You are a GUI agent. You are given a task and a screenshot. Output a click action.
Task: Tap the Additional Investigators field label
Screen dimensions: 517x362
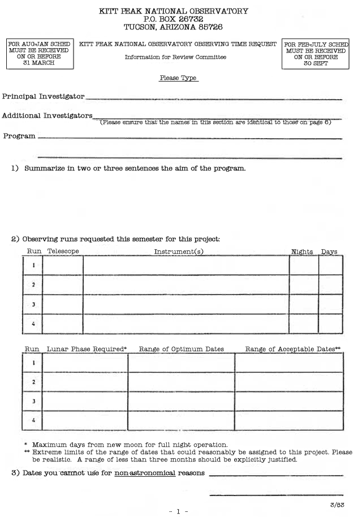(x=47, y=116)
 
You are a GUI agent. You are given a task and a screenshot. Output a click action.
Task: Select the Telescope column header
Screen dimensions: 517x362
(x=63, y=251)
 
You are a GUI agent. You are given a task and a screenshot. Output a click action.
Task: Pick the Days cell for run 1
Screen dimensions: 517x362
(x=331, y=265)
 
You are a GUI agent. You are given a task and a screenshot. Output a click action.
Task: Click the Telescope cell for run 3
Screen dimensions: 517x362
(x=63, y=304)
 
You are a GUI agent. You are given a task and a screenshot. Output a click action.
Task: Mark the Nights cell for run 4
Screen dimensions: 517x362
(x=304, y=324)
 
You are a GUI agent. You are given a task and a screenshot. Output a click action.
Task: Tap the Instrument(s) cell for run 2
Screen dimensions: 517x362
(x=186, y=284)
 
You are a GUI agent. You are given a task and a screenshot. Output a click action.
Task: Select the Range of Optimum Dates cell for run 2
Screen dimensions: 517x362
(x=181, y=382)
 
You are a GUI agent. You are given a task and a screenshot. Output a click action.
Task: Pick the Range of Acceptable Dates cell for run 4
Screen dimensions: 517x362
(x=289, y=421)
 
